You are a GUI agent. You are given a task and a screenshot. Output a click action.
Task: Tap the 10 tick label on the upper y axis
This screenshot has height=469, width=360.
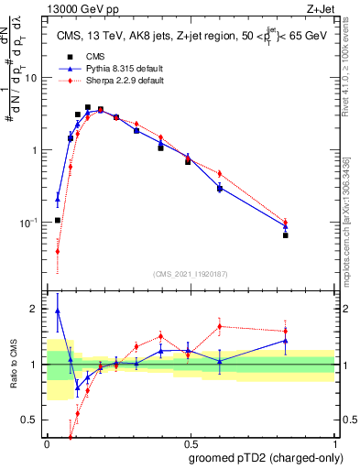(x=31, y=77)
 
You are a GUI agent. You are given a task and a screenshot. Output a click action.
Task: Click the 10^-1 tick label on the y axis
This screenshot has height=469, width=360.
(x=29, y=223)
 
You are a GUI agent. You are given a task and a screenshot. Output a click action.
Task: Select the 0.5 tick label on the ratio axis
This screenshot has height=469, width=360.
(x=31, y=420)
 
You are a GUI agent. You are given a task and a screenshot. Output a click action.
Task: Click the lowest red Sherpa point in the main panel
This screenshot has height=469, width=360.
(x=58, y=251)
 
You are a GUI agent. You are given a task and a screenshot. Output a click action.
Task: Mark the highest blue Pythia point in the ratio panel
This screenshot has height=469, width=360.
(x=58, y=311)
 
